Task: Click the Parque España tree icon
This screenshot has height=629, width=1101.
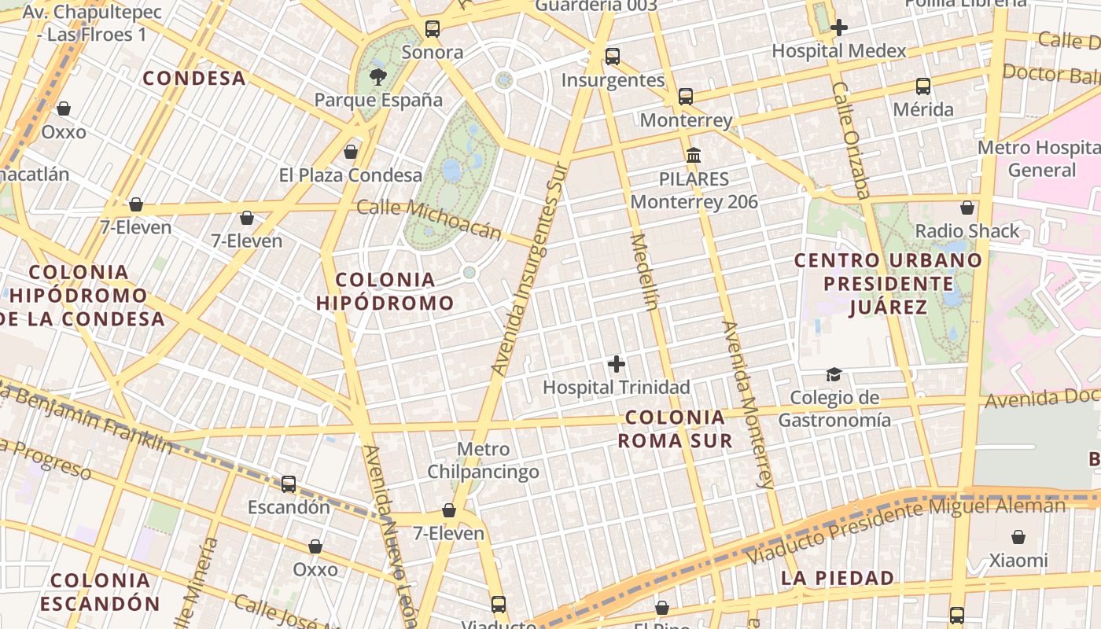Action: click(378, 76)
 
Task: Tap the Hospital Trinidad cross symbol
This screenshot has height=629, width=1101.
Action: click(617, 364)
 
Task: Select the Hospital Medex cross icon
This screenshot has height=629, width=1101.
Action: click(839, 28)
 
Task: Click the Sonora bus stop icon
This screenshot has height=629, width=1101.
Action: click(432, 29)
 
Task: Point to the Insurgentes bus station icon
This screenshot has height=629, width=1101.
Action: click(613, 57)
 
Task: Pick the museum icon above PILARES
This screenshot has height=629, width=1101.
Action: click(694, 155)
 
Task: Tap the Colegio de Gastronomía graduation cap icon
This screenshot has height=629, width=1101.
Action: click(834, 374)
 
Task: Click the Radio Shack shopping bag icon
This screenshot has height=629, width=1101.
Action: click(967, 208)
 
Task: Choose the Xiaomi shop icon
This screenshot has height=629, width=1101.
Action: click(1018, 537)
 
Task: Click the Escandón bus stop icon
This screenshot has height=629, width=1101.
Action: click(289, 484)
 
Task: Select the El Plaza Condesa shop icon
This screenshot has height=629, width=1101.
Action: click(351, 151)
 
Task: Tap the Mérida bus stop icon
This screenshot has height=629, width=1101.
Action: click(923, 86)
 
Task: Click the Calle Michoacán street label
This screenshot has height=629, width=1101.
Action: click(429, 219)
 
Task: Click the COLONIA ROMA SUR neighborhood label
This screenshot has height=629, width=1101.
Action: click(675, 429)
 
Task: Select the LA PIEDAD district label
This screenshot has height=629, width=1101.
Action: click(838, 579)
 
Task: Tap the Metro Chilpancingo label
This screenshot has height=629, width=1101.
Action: click(483, 460)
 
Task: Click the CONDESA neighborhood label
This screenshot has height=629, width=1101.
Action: click(194, 79)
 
